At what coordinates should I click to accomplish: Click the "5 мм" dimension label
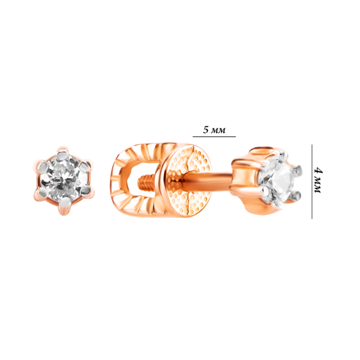(x=214, y=130)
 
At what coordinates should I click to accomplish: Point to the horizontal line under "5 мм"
(x=214, y=137)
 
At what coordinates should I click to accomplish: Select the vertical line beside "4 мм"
(x=312, y=182)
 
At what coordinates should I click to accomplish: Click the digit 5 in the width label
(x=206, y=130)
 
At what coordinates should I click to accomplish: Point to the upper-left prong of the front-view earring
(x=44, y=165)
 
